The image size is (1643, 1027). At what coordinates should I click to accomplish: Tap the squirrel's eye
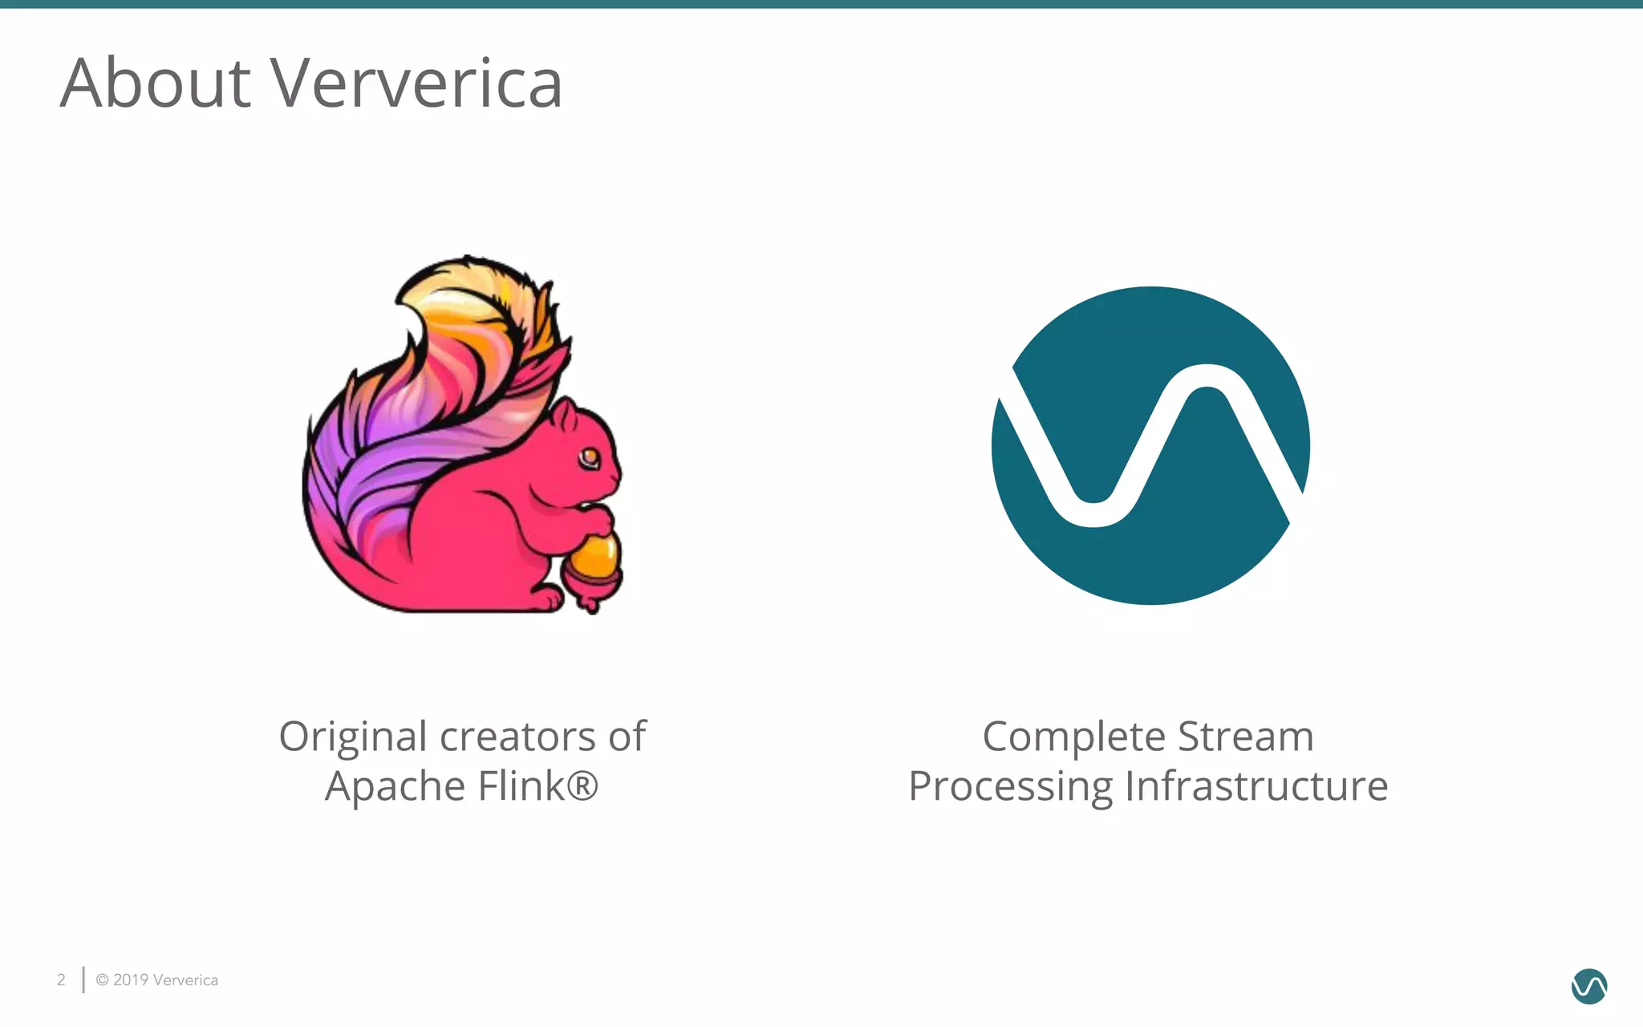(x=590, y=458)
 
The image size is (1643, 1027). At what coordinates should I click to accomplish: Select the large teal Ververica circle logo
(x=1150, y=445)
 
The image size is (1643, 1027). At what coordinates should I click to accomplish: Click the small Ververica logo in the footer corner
(x=1588, y=986)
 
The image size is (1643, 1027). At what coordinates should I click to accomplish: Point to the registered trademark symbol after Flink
(x=582, y=785)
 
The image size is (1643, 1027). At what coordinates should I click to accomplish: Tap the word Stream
(x=1245, y=737)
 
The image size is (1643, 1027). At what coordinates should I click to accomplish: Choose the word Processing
(x=1010, y=786)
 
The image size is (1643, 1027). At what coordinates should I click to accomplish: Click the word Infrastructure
(x=1256, y=785)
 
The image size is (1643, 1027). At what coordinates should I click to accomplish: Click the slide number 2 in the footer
(x=61, y=980)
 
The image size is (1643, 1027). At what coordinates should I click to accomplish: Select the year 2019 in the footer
(x=131, y=980)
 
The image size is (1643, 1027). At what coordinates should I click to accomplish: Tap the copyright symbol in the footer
(x=103, y=980)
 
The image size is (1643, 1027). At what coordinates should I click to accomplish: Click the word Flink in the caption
(x=521, y=785)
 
